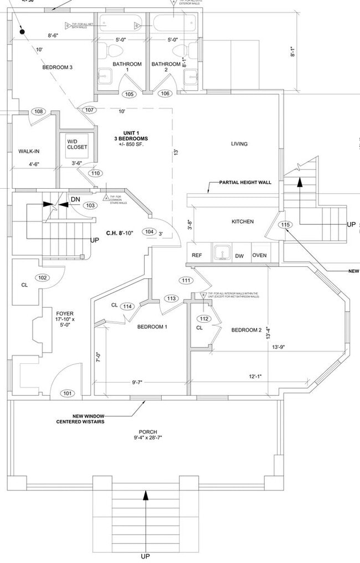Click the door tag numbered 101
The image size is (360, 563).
(x=68, y=394)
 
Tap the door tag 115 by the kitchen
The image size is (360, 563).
(x=285, y=225)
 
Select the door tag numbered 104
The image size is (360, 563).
(x=148, y=231)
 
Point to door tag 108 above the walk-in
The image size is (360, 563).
(x=38, y=112)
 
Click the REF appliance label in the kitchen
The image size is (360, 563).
(x=197, y=255)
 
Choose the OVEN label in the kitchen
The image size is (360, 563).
(x=260, y=255)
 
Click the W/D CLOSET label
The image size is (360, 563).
(x=77, y=144)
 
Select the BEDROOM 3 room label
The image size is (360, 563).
(x=58, y=68)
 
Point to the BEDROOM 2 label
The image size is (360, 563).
(x=246, y=330)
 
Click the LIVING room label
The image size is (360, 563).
(x=239, y=144)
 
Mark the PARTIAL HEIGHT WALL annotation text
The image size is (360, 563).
(x=245, y=182)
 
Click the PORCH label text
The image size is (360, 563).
(x=148, y=432)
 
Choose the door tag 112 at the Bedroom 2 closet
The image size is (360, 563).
(x=204, y=318)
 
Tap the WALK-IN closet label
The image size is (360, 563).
(x=29, y=151)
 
